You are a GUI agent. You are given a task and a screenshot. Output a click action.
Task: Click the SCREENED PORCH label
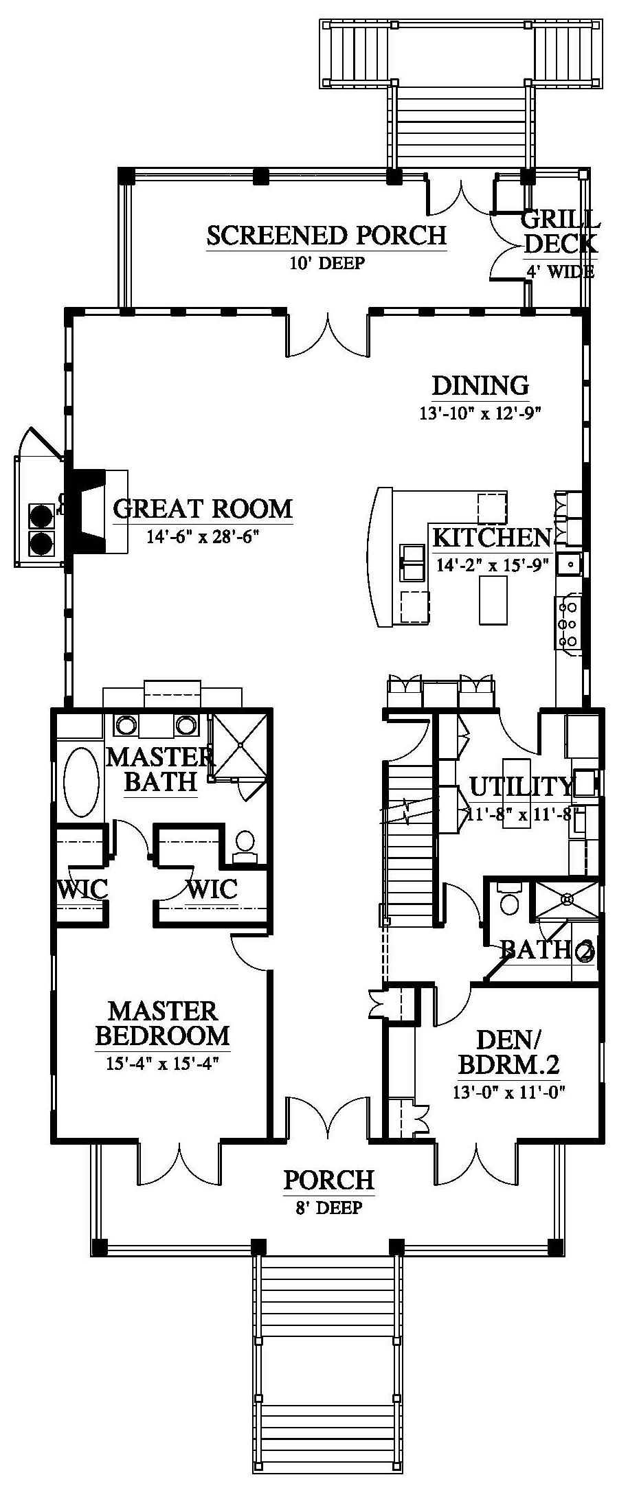click(326, 235)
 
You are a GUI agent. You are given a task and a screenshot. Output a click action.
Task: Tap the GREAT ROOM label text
click(203, 509)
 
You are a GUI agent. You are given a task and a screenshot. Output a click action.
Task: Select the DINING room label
click(480, 385)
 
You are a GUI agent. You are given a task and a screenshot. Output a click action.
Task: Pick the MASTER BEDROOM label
click(162, 1022)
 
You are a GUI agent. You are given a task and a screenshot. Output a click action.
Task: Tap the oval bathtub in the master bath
click(82, 781)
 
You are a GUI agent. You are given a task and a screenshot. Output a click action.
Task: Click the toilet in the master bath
click(245, 845)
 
